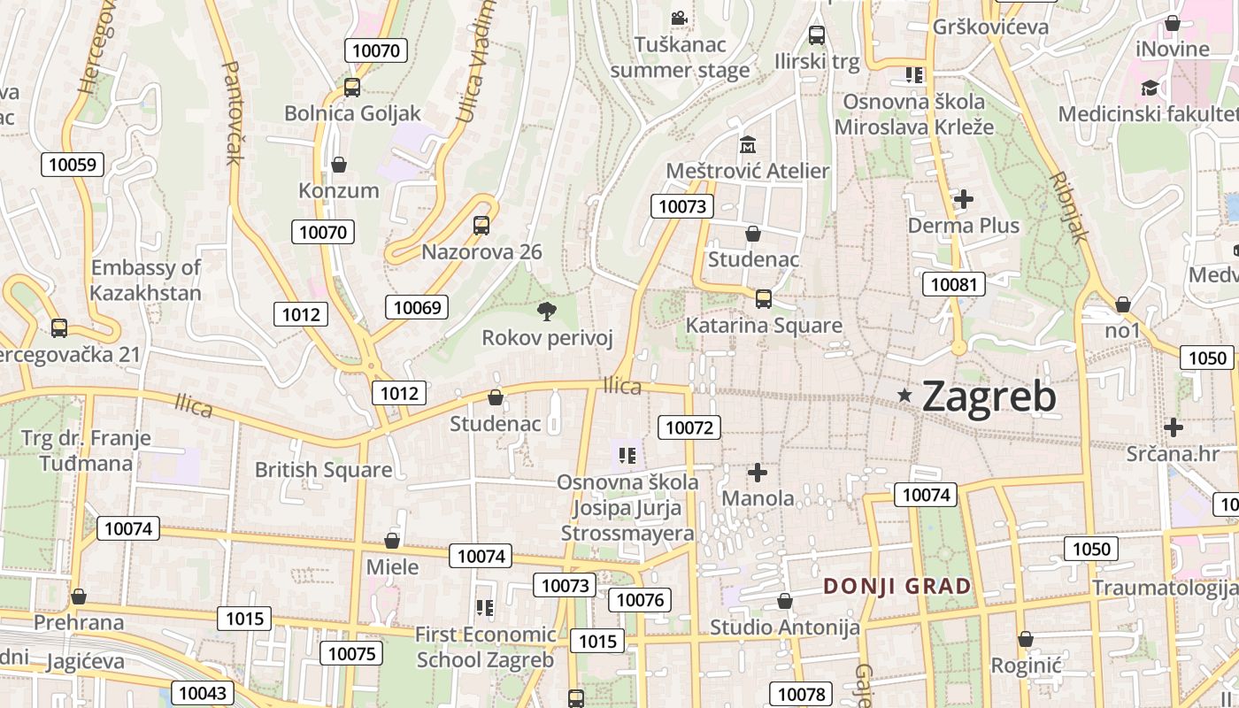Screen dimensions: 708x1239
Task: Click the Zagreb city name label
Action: pyautogui.click(x=989, y=396)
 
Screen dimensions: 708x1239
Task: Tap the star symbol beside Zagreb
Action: pyautogui.click(x=904, y=396)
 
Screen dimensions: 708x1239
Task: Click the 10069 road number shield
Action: pyautogui.click(x=417, y=307)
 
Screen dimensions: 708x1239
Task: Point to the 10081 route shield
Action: pyautogui.click(x=954, y=284)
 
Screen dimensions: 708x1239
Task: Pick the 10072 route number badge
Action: pyautogui.click(x=689, y=427)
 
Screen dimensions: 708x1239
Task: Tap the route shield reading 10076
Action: pyautogui.click(x=640, y=600)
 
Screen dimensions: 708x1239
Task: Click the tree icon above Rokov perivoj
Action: pyautogui.click(x=547, y=311)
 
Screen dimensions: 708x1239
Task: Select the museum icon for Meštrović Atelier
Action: pyautogui.click(x=748, y=143)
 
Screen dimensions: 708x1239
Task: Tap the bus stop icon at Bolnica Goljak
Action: pyautogui.click(x=352, y=87)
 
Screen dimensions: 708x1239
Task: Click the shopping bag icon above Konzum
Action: pyautogui.click(x=338, y=165)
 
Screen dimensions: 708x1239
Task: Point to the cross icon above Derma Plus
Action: pyautogui.click(x=964, y=199)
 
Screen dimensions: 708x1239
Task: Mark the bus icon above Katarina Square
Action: pyautogui.click(x=764, y=299)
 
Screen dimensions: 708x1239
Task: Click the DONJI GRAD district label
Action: pyautogui.click(x=897, y=586)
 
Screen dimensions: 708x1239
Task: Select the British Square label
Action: pyautogui.click(x=323, y=470)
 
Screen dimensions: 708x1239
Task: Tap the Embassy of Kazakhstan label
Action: pyautogui.click(x=146, y=280)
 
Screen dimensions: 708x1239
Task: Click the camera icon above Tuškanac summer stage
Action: pyautogui.click(x=679, y=18)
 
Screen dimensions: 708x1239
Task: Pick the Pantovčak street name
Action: pyautogui.click(x=232, y=112)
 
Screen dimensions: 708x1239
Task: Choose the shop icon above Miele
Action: pyautogui.click(x=392, y=541)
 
